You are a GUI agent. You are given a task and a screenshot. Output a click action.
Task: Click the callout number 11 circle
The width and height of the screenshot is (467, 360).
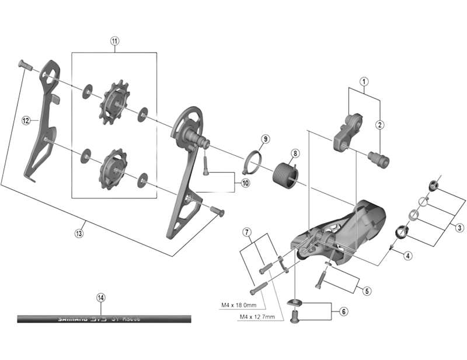(x=114, y=41)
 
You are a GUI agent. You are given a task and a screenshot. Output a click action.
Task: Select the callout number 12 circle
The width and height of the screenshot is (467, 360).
(x=26, y=121)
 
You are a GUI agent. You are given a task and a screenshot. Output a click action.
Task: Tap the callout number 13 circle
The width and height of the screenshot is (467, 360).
(x=79, y=233)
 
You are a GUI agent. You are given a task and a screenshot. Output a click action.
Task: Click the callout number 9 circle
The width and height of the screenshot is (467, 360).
(x=265, y=139)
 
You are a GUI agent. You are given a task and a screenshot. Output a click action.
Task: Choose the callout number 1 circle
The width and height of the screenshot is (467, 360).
(x=364, y=82)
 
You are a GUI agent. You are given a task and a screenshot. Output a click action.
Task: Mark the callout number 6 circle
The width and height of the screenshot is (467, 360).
(x=344, y=311)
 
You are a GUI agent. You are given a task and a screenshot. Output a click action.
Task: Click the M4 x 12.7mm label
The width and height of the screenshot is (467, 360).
(x=259, y=317)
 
